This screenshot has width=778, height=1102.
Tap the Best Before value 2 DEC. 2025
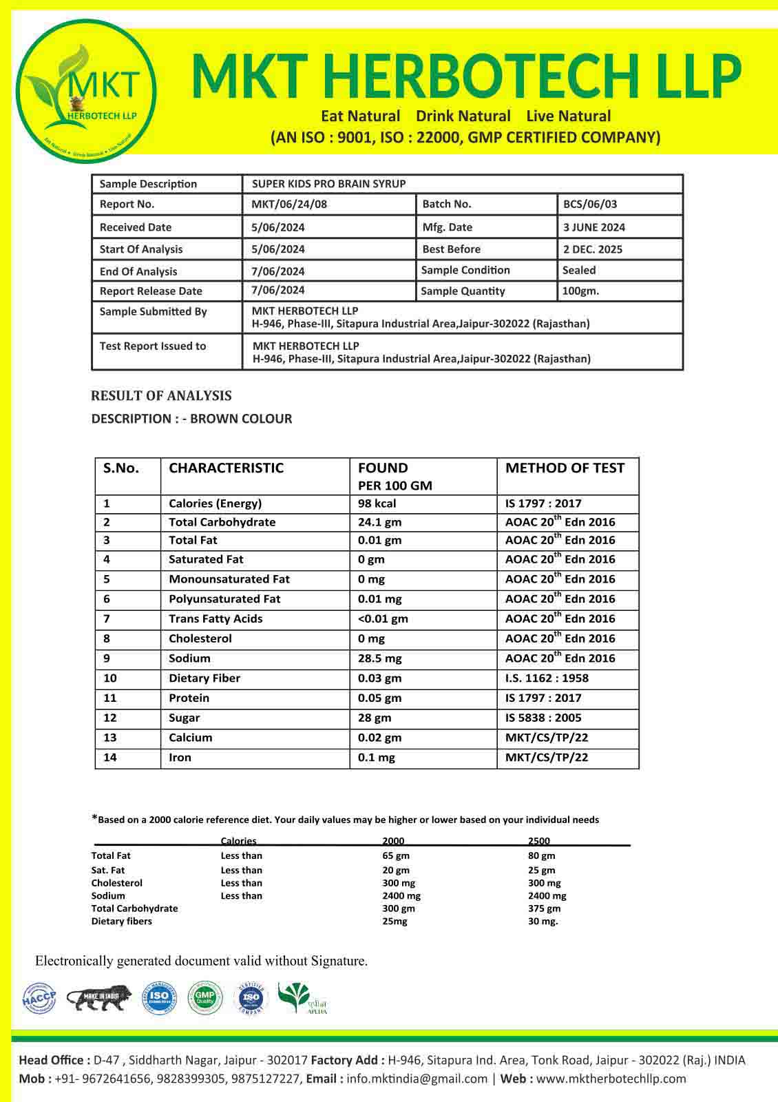coord(592,249)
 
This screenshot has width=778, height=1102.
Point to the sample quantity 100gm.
coord(580,291)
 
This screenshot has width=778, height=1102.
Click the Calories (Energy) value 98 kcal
coord(377,503)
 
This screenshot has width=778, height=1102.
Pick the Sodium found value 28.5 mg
coord(379,658)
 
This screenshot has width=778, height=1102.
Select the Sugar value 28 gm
coord(374,718)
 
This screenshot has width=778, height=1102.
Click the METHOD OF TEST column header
coord(565,468)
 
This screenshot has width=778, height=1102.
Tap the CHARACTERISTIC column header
coord(226,468)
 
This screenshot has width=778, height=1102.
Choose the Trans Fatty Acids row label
coord(215,618)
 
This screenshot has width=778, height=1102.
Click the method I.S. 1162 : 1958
coord(547,678)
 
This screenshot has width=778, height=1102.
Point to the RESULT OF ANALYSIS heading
coord(161,396)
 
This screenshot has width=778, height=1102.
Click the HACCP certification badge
coord(39,999)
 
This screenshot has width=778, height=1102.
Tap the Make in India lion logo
coord(98,999)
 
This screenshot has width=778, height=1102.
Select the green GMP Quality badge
coord(205,998)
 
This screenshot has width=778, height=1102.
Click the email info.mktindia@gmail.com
coord(417,1079)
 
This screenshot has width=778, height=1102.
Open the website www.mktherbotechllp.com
coord(611,1079)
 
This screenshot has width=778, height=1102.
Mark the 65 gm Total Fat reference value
coord(396,856)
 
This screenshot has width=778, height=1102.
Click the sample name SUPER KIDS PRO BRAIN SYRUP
coord(328,184)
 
